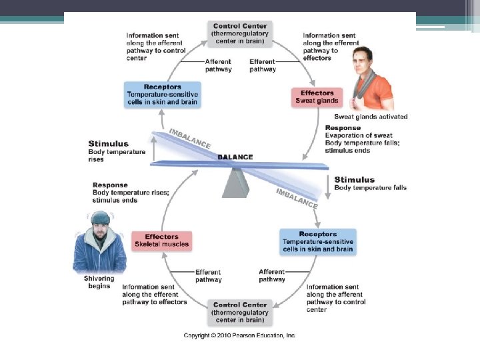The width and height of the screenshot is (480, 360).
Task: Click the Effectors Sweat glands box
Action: point(317,97)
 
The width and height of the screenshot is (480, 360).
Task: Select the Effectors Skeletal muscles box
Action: point(161,241)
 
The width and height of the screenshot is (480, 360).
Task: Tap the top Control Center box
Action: point(239,34)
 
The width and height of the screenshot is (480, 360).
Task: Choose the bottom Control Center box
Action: point(239,312)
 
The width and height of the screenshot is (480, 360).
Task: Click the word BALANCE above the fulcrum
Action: point(235,157)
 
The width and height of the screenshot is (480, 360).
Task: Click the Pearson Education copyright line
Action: point(239,335)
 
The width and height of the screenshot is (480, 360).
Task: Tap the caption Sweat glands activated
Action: point(371,117)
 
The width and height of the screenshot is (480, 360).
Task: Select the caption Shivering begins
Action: point(99,283)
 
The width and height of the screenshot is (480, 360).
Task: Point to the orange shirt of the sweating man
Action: point(374,90)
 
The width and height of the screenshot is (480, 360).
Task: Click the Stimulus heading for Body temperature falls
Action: point(354,179)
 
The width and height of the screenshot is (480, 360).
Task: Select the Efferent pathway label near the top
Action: point(262,65)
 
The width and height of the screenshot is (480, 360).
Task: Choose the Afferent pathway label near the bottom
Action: point(271,275)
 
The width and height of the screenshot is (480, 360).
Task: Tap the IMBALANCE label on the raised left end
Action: point(190,138)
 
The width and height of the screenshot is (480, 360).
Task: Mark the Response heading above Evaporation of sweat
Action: point(343,127)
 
